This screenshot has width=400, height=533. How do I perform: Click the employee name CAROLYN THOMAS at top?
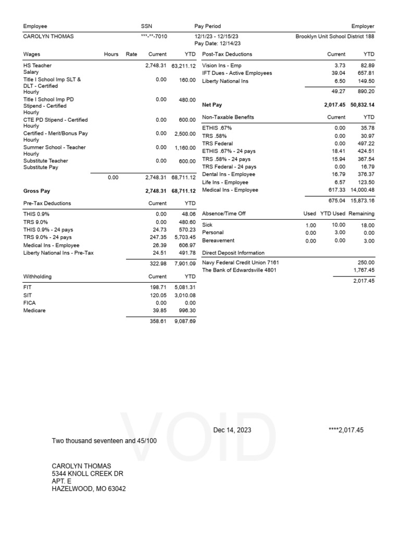click(48, 36)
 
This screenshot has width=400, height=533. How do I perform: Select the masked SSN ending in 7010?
click(154, 36)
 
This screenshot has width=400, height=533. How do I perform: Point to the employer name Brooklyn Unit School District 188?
click(334, 36)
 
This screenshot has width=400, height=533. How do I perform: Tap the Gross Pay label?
click(37, 191)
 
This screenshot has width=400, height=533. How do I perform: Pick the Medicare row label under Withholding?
click(35, 310)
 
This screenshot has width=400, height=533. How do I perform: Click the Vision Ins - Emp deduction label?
click(222, 66)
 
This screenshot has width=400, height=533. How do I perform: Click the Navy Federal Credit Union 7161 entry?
click(241, 263)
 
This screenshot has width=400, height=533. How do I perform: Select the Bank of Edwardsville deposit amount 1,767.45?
click(362, 270)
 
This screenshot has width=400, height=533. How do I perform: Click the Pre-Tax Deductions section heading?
click(47, 203)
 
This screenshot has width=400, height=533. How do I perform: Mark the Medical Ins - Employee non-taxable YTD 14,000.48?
click(359, 190)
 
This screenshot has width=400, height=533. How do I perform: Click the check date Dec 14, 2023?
click(232, 430)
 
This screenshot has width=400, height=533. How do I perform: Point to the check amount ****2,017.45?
click(346, 430)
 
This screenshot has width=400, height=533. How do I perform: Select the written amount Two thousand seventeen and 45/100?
click(104, 441)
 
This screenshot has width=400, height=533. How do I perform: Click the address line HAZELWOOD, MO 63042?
click(89, 489)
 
